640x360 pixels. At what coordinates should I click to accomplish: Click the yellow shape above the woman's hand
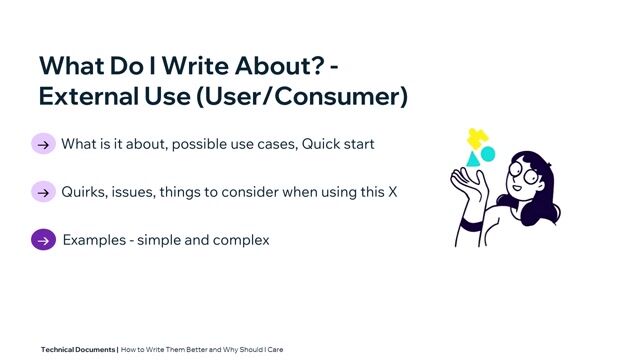tap(477, 138)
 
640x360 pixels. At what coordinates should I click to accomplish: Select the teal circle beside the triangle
tap(488, 155)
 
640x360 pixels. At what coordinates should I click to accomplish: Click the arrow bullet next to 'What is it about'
tap(43, 144)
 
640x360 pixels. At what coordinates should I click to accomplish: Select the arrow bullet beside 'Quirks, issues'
tap(43, 192)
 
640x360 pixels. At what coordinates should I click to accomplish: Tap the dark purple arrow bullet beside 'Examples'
tap(43, 240)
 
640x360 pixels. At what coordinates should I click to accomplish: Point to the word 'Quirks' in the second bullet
tap(84, 192)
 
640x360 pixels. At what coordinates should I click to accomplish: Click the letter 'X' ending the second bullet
tap(392, 192)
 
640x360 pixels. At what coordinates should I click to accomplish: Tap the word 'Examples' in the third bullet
tap(93, 240)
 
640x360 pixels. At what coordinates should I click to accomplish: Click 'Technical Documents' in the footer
tap(78, 350)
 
